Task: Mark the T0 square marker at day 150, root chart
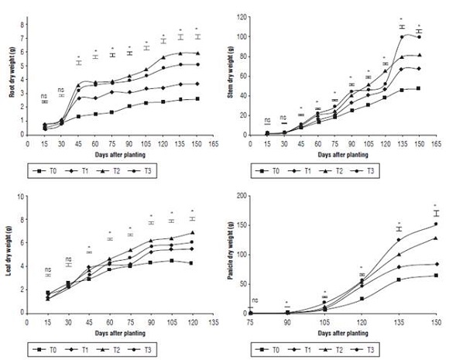coord(199,99)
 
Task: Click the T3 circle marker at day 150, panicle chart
coord(436,225)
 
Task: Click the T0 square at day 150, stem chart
coord(419,88)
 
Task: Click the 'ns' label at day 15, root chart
coord(44,95)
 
